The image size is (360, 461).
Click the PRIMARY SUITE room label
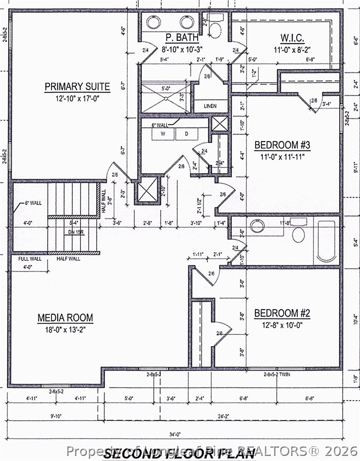pos(77,86)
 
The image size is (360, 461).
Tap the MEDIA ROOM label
pos(65,317)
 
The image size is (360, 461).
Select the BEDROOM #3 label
pos(282,145)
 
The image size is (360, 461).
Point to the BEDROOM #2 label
pos(282,313)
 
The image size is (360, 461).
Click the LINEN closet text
pos(210,106)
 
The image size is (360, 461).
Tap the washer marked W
pos(163,134)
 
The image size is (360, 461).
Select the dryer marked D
pos(187,134)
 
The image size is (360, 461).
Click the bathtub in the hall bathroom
pos(326,241)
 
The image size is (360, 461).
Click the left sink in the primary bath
pos(153,22)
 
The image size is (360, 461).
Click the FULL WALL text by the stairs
pos(30,259)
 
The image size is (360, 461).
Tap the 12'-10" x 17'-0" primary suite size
pos(77,98)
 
